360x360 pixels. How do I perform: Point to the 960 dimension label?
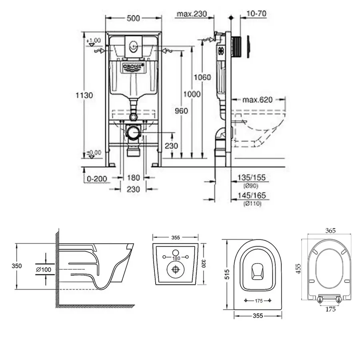(x=181, y=111)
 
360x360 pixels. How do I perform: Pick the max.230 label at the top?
(x=192, y=14)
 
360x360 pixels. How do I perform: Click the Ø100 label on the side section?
(x=43, y=269)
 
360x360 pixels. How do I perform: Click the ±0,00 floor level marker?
(x=94, y=152)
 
